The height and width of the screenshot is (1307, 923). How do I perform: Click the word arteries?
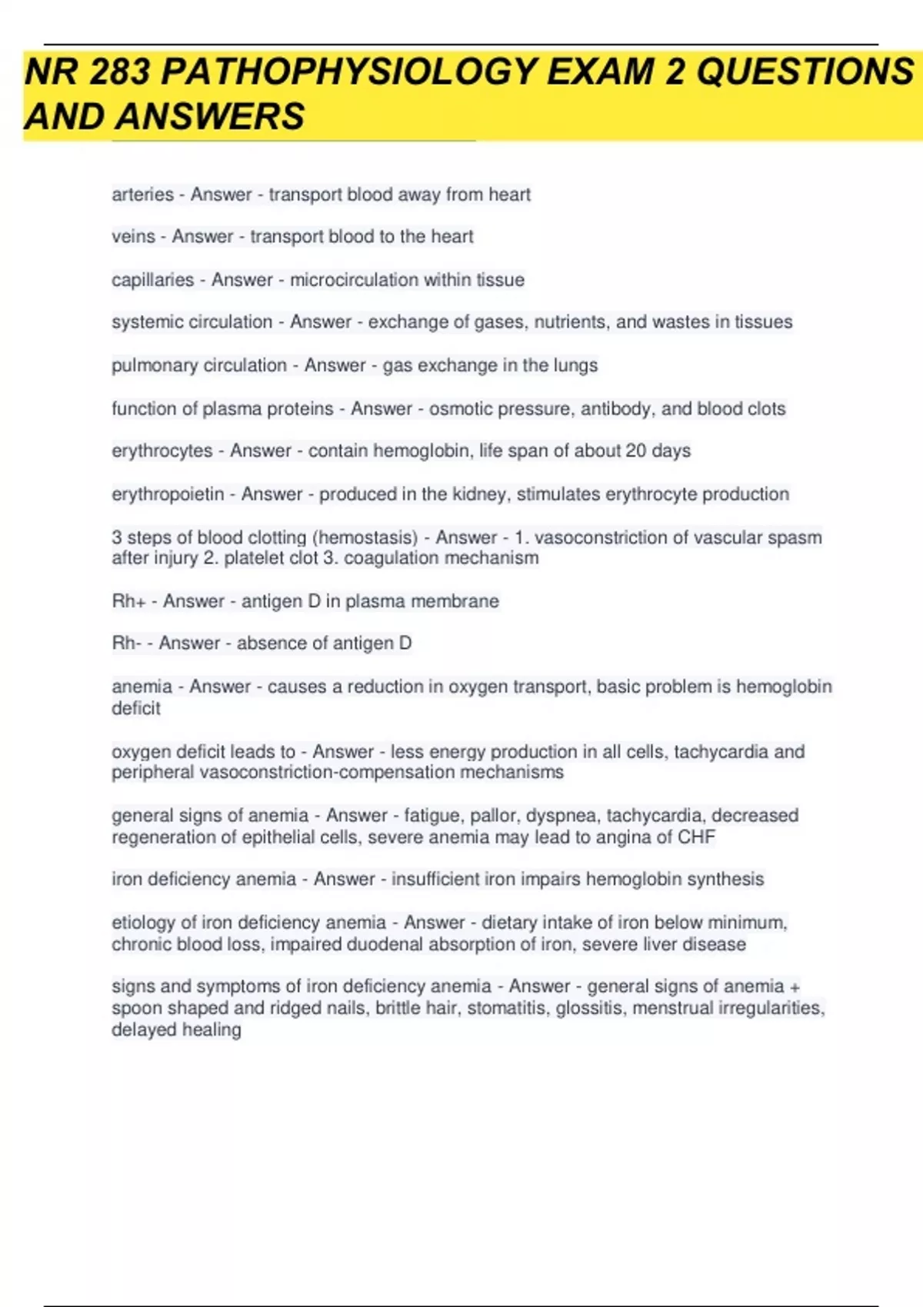pos(142,195)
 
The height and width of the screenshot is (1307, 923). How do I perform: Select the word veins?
pos(133,237)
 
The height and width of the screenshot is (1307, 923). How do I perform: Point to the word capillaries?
pos(152,280)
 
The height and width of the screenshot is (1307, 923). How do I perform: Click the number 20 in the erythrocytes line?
pos(635,451)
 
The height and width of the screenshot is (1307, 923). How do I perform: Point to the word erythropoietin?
pos(168,494)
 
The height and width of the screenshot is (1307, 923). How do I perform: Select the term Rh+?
pos(128,601)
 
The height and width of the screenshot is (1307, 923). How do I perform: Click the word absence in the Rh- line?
pos(266,643)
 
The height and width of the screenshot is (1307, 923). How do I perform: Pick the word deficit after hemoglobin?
pos(136,708)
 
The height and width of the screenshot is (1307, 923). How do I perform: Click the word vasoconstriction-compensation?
pos(327,772)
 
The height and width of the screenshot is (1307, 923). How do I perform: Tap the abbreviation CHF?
pos(697,836)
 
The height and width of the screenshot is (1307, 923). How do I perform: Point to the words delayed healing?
pos(176,1029)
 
